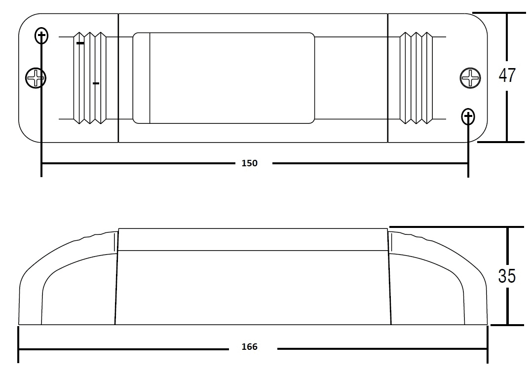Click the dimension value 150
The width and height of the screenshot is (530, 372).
(x=249, y=163)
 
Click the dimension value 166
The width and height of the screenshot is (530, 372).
(x=249, y=347)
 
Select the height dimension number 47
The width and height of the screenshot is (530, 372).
(x=507, y=75)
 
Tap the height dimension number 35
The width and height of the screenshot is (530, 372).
(x=507, y=276)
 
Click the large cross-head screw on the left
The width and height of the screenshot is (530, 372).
(x=36, y=78)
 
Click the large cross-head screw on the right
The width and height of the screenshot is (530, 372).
(x=470, y=78)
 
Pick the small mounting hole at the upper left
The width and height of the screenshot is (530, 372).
(x=41, y=36)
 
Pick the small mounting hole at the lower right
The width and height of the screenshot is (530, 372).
(x=468, y=116)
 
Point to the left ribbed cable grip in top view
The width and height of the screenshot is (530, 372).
(x=90, y=78)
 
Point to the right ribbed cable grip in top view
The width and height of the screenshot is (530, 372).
(x=416, y=78)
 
